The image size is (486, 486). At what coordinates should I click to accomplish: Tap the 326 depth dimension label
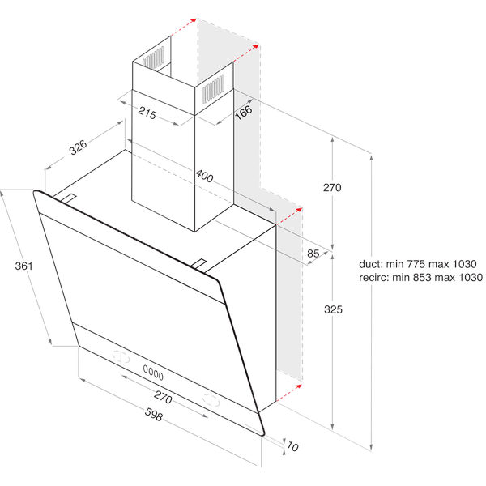point(79,147)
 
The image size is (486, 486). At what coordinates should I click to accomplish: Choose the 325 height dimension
point(333,309)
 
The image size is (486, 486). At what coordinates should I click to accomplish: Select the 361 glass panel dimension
point(22,266)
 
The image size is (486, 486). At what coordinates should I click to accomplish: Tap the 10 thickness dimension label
point(292,446)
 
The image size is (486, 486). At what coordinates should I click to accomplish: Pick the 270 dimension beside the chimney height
point(333,187)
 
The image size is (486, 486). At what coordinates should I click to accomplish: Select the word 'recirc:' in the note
point(373,277)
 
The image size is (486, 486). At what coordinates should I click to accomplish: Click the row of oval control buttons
point(153,373)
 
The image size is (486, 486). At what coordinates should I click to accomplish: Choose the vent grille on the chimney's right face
point(213,86)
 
